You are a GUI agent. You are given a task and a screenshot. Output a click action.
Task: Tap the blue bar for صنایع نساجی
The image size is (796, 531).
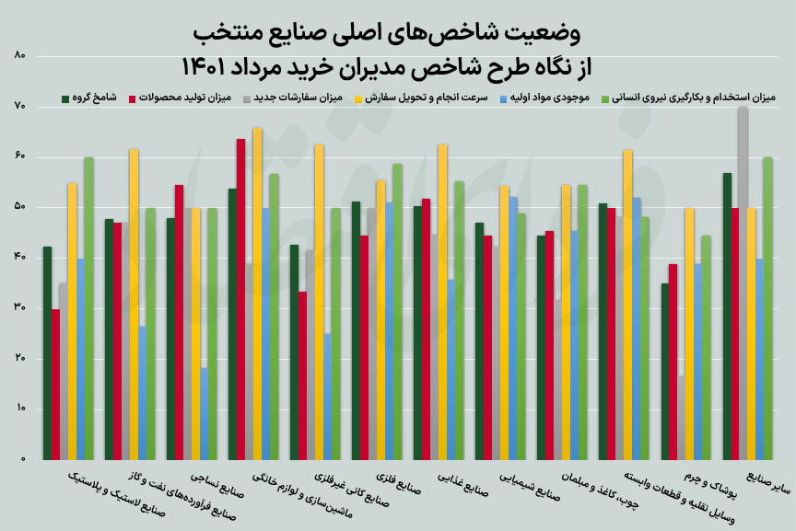204,413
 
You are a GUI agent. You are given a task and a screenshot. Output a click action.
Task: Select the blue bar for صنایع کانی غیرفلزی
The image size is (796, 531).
328,396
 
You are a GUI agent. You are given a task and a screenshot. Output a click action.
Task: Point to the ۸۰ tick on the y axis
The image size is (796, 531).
20,56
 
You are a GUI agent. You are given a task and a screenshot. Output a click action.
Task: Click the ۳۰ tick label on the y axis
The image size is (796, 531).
20,308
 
